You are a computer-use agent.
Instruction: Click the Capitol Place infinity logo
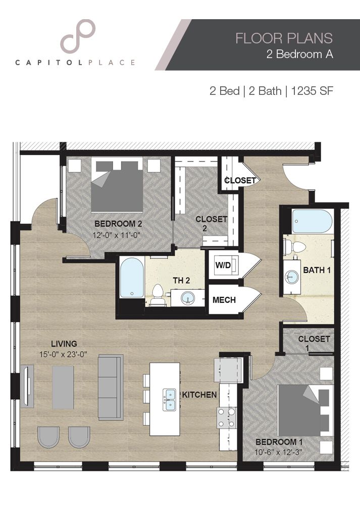point(78,36)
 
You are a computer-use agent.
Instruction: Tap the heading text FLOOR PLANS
point(284,38)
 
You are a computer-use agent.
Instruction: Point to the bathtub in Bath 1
point(312,221)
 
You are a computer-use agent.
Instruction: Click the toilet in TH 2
point(158,294)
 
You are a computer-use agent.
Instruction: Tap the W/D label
point(223,265)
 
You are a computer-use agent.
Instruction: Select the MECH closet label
point(224,300)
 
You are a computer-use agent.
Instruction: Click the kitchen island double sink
point(169,399)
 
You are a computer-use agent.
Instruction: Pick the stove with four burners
point(227,417)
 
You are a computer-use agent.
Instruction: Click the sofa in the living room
point(111,387)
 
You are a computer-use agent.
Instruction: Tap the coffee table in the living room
point(63,387)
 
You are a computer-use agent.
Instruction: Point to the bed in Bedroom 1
point(300,410)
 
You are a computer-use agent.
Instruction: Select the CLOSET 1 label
point(314,343)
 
